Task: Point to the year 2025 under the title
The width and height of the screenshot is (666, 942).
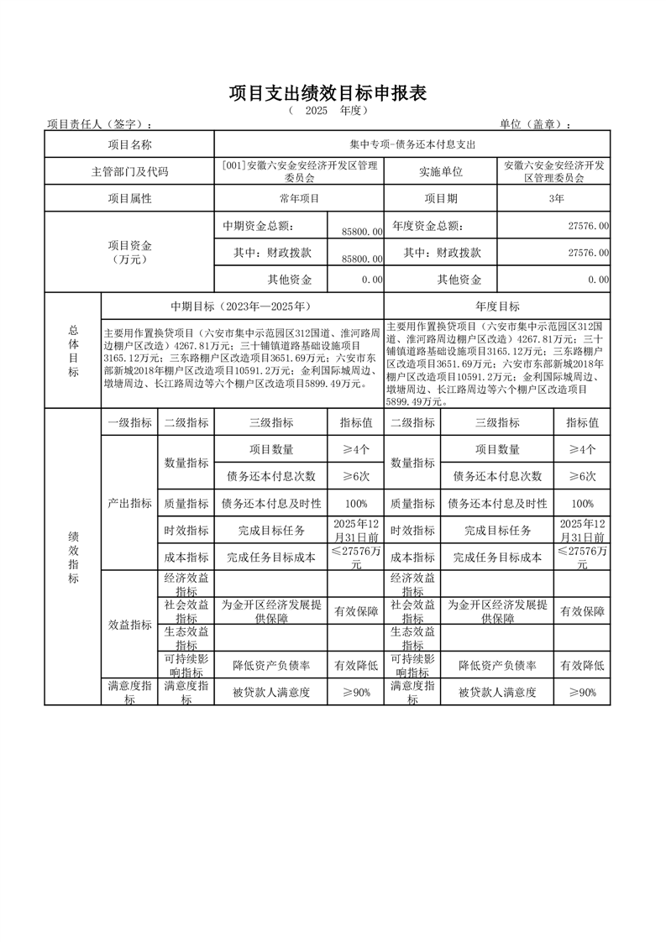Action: (317, 111)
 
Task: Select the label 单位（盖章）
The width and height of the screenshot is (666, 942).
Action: (535, 124)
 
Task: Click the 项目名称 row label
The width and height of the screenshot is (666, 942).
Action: (129, 144)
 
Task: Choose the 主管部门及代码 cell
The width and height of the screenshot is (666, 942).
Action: (129, 171)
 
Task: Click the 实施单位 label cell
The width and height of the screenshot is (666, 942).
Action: (440, 171)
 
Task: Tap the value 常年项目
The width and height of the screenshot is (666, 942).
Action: (299, 198)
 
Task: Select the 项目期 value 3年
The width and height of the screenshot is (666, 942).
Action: (554, 198)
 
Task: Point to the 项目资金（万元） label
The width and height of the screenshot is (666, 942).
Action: (129, 252)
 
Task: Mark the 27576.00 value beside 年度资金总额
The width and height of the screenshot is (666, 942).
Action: (588, 227)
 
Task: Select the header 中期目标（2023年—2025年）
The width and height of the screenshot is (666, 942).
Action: (242, 306)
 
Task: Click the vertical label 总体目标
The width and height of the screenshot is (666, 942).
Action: (72, 351)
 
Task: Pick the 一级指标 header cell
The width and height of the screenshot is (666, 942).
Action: (129, 423)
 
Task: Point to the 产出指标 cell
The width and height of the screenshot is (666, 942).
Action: (129, 504)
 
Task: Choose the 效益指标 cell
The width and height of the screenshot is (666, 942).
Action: (129, 625)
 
